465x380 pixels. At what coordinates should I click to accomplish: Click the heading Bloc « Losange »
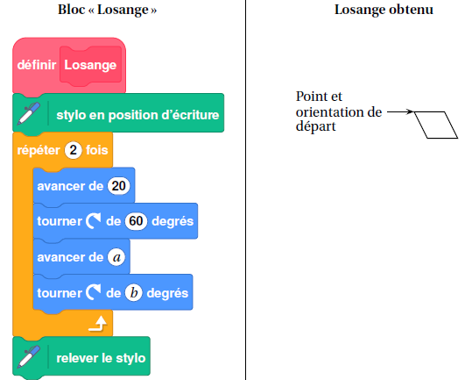107,10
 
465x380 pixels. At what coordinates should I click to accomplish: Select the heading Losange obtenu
384,10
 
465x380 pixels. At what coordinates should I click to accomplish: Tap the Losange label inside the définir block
90,65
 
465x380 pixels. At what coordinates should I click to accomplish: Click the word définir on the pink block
37,65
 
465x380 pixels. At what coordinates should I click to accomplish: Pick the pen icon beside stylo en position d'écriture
29,113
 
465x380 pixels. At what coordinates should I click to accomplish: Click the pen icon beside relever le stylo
29,356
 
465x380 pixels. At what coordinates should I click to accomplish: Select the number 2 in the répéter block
73,150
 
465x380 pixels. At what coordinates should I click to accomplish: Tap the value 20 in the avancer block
119,186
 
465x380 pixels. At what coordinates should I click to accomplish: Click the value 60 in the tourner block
136,221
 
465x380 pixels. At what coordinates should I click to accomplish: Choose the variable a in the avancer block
116,257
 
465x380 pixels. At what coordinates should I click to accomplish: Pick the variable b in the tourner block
133,293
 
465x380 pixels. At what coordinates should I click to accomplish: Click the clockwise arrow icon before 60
94,221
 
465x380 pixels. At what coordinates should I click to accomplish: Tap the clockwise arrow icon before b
94,292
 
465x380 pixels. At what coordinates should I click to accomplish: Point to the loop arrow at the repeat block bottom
98,324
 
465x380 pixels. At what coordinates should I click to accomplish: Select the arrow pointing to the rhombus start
400,111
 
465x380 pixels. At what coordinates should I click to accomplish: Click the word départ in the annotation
316,126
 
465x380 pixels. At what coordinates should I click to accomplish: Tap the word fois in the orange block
96,150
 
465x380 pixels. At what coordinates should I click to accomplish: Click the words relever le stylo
101,358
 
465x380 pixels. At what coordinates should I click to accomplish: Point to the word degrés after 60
173,221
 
